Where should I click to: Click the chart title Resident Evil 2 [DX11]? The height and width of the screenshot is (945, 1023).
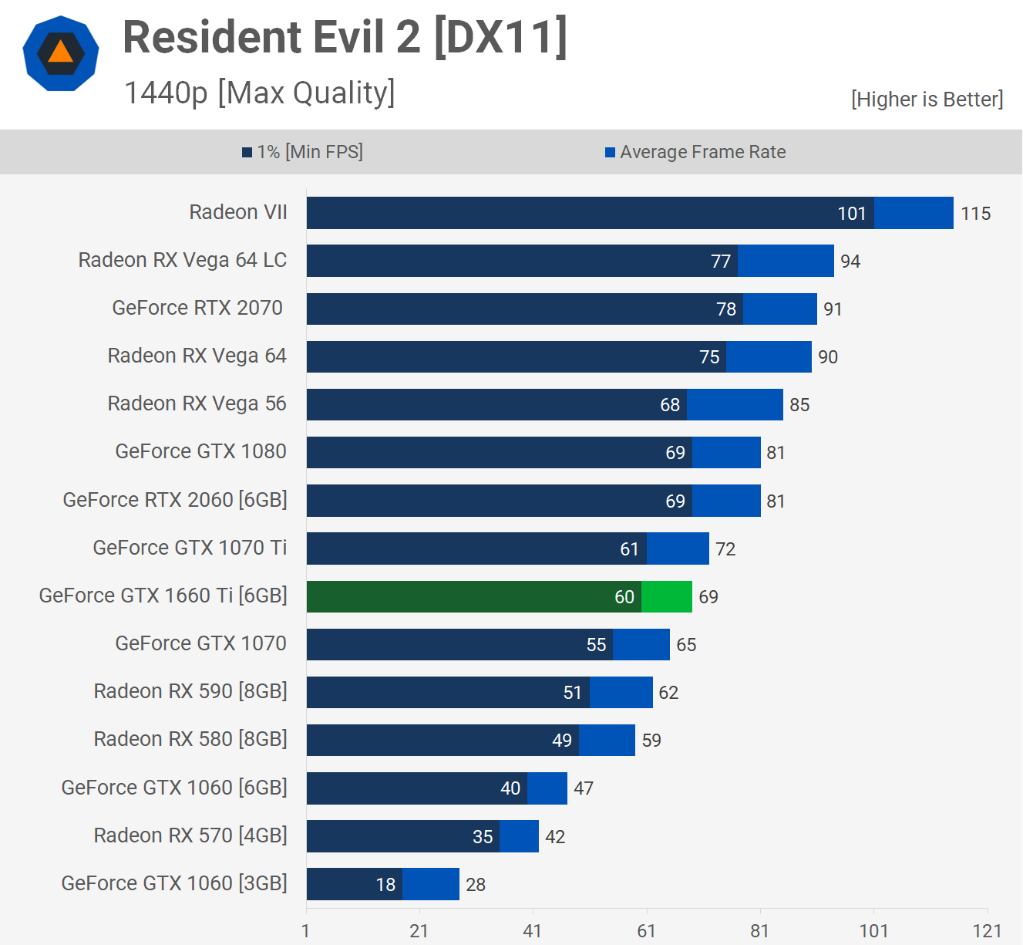pos(345,37)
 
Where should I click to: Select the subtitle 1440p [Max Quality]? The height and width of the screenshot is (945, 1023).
pos(259,93)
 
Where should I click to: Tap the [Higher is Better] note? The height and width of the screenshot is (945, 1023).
pos(927,100)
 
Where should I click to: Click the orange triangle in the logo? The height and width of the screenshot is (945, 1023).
pos(60,52)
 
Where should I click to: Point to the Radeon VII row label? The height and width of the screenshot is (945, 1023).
pos(238,212)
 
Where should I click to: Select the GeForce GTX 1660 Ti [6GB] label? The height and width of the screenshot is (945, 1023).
pos(163,596)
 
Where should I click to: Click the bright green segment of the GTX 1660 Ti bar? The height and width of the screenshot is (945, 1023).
pos(666,596)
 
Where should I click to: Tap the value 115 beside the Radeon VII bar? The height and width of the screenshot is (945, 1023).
pos(975,214)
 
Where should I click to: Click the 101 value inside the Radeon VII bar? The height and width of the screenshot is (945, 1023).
pos(851,214)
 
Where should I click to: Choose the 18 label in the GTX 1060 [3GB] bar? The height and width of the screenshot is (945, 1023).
pos(385,885)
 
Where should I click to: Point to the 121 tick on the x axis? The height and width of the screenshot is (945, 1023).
pos(987,931)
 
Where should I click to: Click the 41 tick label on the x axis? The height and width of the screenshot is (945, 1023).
pos(532,931)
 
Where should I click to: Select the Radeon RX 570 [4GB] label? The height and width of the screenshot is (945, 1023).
pos(190,835)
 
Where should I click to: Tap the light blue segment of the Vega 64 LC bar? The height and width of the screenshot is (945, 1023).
pos(786,261)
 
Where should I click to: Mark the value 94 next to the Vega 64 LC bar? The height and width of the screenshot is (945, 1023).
pos(850,262)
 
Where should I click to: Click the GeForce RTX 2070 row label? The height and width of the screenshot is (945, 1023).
pos(197,308)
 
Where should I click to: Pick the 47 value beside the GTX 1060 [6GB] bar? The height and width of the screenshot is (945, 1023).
pos(584,788)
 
